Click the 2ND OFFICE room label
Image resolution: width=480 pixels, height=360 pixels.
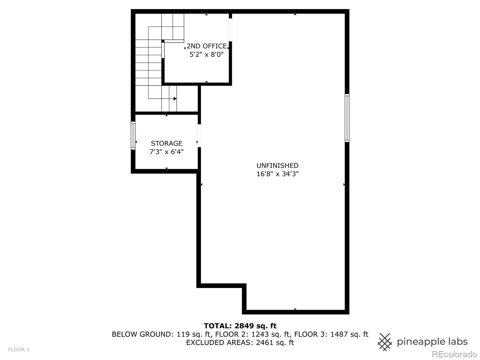click(x=207, y=46)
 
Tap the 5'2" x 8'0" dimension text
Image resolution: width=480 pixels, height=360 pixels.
click(x=207, y=55)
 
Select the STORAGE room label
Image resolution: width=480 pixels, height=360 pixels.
click(x=166, y=143)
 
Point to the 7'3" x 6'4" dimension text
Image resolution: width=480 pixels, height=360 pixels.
click(x=166, y=152)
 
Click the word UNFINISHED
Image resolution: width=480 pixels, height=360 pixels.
click(x=277, y=166)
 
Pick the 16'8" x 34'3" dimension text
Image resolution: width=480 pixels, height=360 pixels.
click(x=277, y=174)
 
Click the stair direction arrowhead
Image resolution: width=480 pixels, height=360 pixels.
click(x=175, y=98)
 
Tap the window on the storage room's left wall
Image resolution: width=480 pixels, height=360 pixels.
click(x=133, y=136)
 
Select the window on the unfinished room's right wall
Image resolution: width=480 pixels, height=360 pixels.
click(x=347, y=118)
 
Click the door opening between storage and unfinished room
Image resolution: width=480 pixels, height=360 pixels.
click(x=199, y=136)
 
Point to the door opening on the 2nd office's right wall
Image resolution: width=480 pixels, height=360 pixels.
click(x=230, y=30)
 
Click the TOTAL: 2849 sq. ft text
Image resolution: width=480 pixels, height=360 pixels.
click(x=240, y=326)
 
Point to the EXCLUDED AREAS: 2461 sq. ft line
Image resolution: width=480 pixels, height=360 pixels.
click(x=240, y=343)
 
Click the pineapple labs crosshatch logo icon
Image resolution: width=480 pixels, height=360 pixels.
click(x=385, y=342)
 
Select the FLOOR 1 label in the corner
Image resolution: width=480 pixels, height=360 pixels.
click(x=19, y=349)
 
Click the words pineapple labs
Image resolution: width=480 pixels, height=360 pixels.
click(x=432, y=342)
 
